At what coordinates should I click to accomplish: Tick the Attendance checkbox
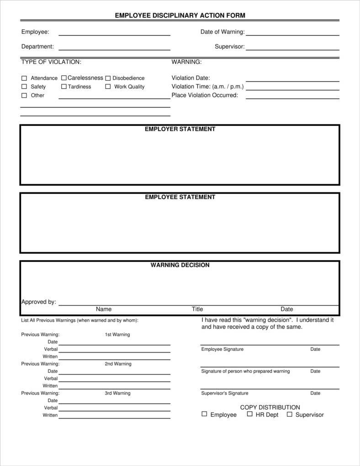(x=24, y=78)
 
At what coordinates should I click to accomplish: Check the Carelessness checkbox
(x=64, y=78)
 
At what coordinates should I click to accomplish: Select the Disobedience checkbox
(x=108, y=78)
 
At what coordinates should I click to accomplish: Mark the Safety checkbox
(x=24, y=86)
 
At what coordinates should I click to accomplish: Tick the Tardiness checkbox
(x=64, y=86)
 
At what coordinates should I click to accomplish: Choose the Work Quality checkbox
(x=108, y=86)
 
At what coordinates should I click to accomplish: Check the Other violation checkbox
(x=24, y=95)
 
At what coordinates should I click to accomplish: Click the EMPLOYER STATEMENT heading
(x=180, y=129)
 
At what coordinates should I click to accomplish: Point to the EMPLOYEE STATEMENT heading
(x=180, y=197)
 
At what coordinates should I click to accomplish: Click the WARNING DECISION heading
(x=180, y=265)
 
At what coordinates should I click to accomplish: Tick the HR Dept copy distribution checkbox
(x=250, y=414)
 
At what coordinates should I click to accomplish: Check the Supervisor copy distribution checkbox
(x=289, y=414)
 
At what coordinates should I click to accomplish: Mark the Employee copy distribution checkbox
(x=204, y=414)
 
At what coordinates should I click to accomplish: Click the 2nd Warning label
(x=118, y=364)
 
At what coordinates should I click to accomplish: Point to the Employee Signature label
(x=222, y=349)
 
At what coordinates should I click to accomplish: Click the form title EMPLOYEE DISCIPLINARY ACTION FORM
(x=180, y=16)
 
